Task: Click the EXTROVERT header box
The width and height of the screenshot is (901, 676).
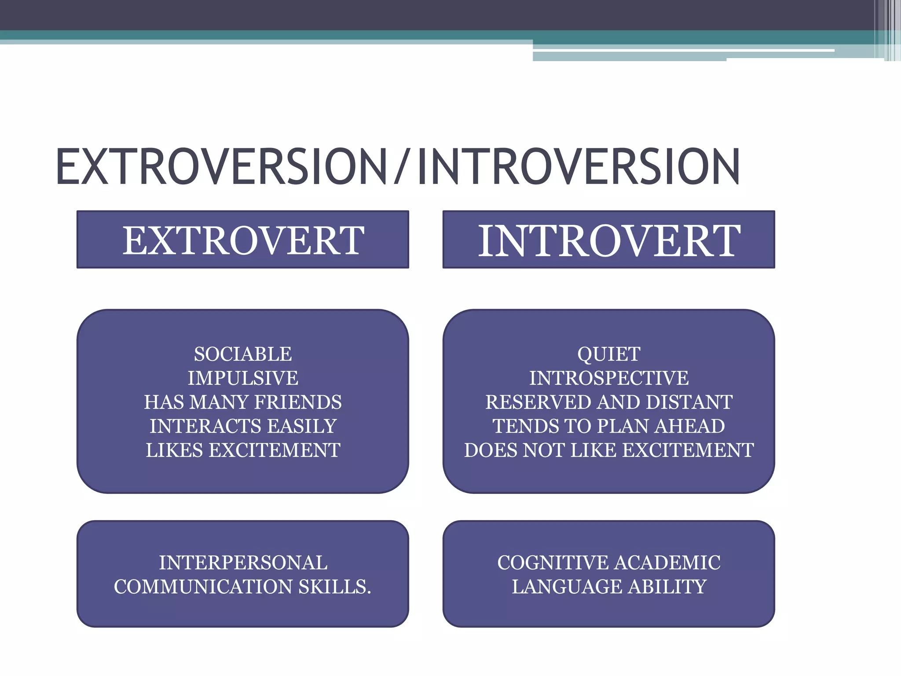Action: coord(243,240)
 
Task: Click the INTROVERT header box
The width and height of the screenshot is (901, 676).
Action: coord(608,240)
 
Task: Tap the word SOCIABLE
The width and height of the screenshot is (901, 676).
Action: coord(243,354)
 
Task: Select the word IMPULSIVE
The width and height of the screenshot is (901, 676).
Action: coord(243,378)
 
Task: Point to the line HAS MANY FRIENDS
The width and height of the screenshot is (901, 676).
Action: coord(243,402)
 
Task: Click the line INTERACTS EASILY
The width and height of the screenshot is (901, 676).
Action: coord(243,426)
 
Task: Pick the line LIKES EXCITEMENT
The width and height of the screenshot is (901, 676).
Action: coord(243,450)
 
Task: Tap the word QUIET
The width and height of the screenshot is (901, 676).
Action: coord(608,354)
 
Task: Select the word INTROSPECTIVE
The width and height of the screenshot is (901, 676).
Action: coord(608,378)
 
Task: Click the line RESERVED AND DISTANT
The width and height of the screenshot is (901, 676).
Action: coord(608,402)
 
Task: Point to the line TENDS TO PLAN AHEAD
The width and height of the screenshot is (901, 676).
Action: coord(608,426)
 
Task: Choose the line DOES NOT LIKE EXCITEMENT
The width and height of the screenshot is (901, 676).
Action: coord(608,450)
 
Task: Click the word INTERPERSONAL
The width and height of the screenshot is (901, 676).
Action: coord(243,563)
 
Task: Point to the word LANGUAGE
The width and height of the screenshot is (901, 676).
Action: coord(567,587)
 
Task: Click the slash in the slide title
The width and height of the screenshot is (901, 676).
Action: coord(402,166)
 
